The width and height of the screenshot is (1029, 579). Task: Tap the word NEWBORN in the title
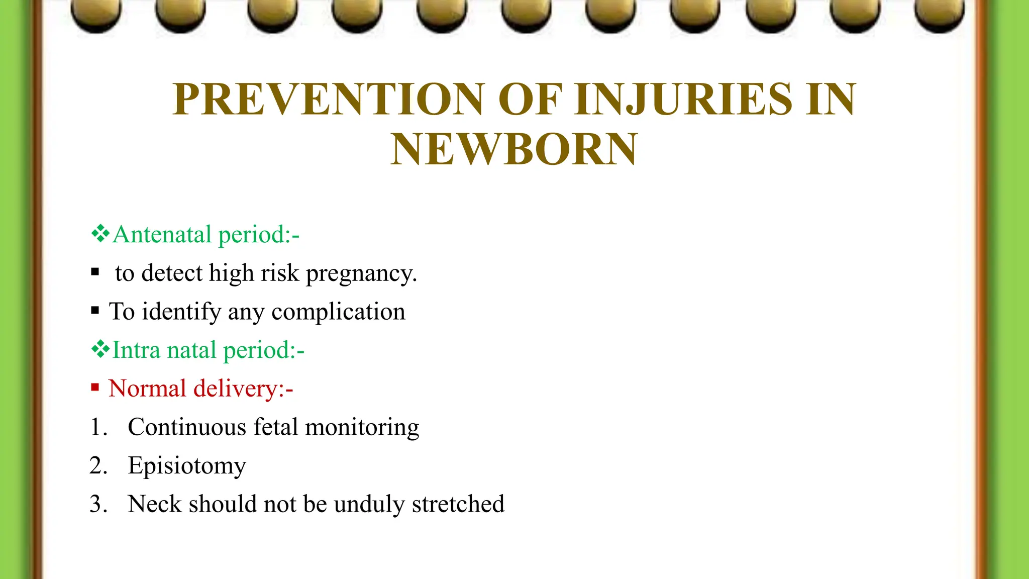514,149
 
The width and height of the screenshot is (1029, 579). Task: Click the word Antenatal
162,235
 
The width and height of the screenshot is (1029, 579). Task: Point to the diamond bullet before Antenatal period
100,234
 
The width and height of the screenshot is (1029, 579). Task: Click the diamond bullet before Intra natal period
100,349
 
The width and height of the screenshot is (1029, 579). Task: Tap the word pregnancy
361,274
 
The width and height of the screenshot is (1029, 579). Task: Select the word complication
338,312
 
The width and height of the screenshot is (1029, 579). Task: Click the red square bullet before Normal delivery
95,387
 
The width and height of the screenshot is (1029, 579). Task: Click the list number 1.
98,427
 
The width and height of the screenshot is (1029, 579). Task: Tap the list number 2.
98,466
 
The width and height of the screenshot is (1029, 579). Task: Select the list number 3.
98,504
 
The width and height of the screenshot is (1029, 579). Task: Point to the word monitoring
362,428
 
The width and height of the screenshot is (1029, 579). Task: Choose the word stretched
458,504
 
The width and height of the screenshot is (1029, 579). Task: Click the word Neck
154,504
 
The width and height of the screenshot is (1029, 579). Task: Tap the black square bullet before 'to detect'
95,272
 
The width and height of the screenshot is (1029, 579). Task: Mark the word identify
181,312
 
